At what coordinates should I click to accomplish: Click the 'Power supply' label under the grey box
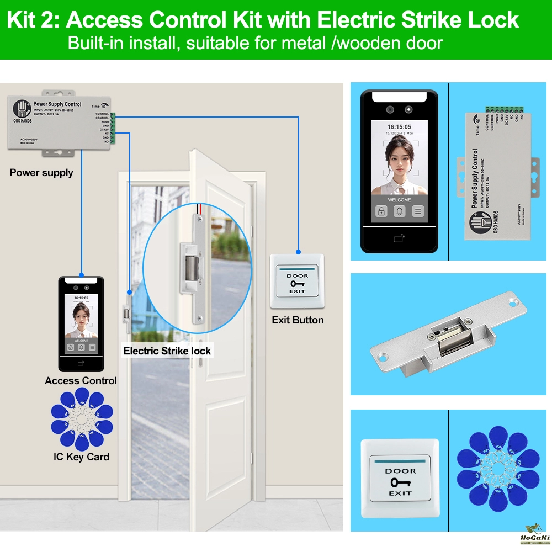tap(41, 173)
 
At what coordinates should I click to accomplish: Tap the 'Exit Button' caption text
tap(298, 320)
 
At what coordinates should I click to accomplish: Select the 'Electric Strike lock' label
tap(167, 351)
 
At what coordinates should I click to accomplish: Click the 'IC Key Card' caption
tap(81, 457)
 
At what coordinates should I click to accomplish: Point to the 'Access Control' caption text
tap(81, 380)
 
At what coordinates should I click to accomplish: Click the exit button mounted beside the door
tap(297, 281)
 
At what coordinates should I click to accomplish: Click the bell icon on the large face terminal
tap(400, 211)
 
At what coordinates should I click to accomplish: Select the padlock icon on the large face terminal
tap(381, 211)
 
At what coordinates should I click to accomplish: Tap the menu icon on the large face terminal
tap(418, 211)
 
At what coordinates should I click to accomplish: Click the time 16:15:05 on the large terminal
tap(399, 126)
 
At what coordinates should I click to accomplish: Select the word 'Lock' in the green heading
tap(494, 21)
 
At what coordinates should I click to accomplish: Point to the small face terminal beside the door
tap(81, 323)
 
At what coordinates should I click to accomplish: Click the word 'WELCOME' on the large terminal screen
tap(399, 200)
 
